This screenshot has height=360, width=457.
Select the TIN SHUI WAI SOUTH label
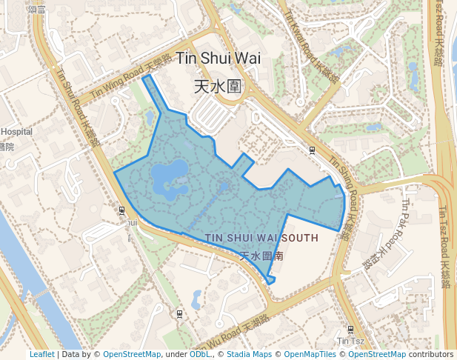tap(261, 238)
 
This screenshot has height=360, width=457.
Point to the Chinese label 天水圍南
tap(262, 256)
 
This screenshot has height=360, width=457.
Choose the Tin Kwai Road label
tap(311, 44)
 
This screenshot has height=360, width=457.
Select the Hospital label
tap(16, 132)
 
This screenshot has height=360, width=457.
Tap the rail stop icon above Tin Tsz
tap(350, 330)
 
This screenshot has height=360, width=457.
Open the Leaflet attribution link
tap(42, 354)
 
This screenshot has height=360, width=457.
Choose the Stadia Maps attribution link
tap(248, 354)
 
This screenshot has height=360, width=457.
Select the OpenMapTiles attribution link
tap(310, 354)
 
